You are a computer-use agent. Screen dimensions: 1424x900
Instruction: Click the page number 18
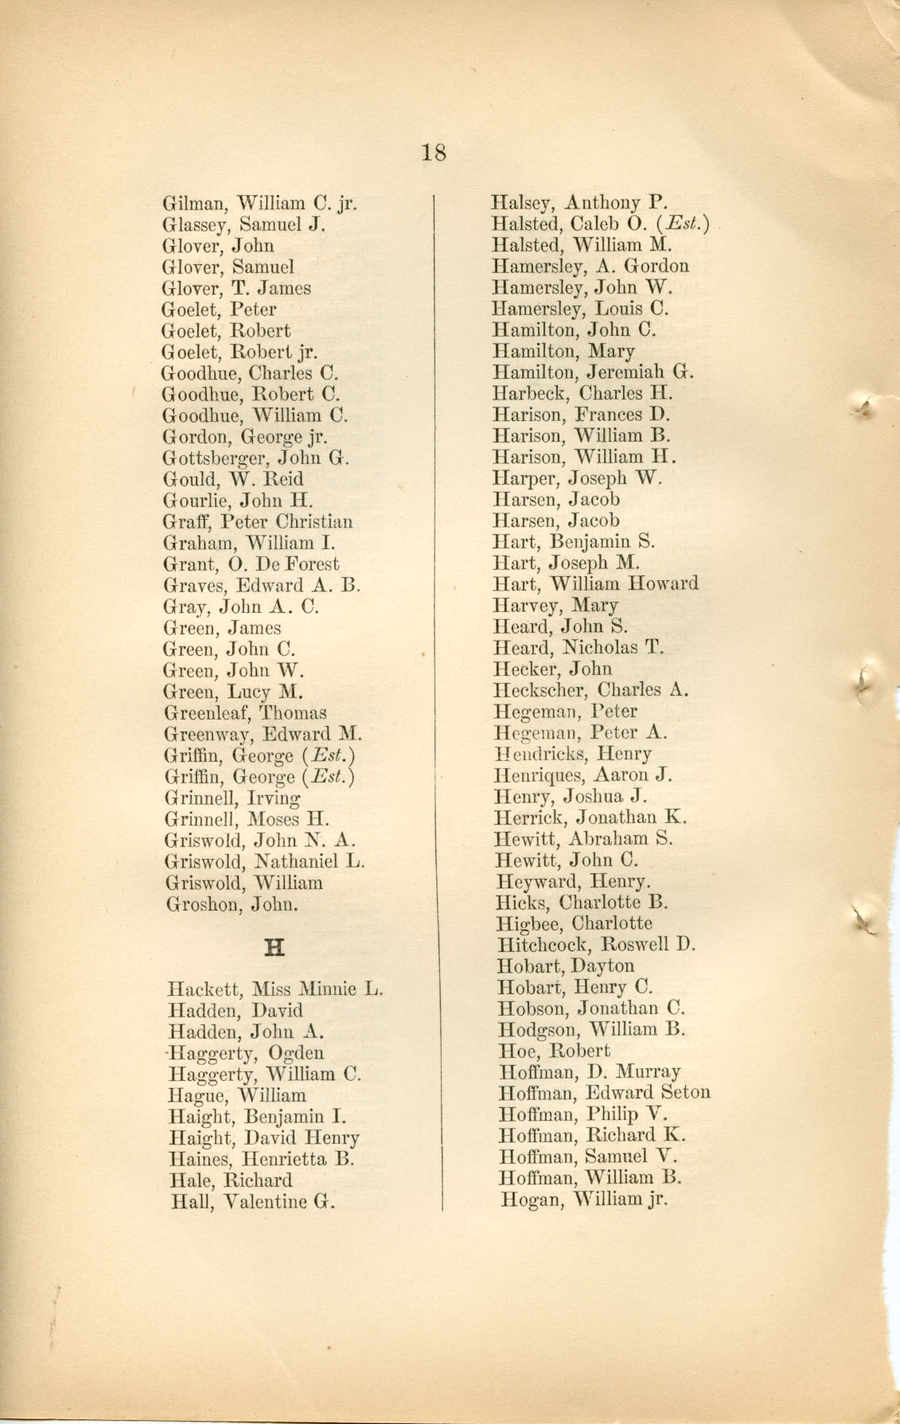434,151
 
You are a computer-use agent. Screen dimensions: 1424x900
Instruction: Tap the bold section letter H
275,947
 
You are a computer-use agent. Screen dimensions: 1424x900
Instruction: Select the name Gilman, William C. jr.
259,204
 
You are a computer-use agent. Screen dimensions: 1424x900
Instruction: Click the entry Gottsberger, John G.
256,458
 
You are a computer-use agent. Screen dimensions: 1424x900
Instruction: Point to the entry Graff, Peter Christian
257,522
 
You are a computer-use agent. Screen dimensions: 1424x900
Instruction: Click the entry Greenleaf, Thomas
244,713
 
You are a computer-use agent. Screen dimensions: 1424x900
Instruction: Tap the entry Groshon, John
232,904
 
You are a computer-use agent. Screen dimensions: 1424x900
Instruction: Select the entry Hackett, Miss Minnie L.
275,990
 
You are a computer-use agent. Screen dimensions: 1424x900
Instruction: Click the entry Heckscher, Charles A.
590,690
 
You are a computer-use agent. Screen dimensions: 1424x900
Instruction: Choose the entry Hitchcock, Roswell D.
596,946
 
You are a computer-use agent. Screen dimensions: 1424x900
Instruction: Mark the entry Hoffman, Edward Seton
604,1094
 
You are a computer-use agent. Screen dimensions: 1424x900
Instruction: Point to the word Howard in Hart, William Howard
663,584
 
